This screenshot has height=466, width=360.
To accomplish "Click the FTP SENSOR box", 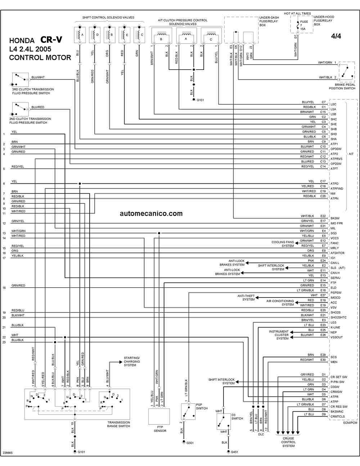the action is click(x=159, y=416).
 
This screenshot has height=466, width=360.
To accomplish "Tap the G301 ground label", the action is click(x=190, y=443).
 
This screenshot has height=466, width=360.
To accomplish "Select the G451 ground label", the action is click(x=234, y=452).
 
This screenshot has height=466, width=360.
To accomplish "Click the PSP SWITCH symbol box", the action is click(x=188, y=412).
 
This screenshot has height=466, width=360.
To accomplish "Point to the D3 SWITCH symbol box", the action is click(x=224, y=421).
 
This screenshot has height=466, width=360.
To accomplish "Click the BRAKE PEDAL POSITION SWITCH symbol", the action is click(x=346, y=72).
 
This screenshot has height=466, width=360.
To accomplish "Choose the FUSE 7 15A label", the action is click(x=303, y=25).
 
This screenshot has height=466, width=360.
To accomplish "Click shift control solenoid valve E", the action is click(x=125, y=35).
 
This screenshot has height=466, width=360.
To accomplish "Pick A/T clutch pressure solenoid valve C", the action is click(x=211, y=36).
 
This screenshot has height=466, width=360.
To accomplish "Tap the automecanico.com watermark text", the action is click(x=151, y=214).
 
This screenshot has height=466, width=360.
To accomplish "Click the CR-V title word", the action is click(x=51, y=40).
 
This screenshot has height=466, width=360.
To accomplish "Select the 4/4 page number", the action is click(x=336, y=36).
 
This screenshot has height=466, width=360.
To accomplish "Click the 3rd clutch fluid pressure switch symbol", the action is click(x=21, y=80).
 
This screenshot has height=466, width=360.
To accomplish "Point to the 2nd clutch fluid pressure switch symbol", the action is click(x=21, y=109).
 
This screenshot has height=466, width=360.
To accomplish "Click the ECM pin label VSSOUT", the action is click(x=337, y=337).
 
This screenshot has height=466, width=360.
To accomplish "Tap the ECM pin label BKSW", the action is click(x=335, y=218).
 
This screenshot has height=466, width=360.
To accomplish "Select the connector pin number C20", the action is click(x=323, y=196).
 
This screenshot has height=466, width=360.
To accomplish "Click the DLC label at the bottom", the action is click(x=261, y=434).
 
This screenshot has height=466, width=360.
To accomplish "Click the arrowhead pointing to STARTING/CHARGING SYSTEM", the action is click(x=121, y=362).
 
